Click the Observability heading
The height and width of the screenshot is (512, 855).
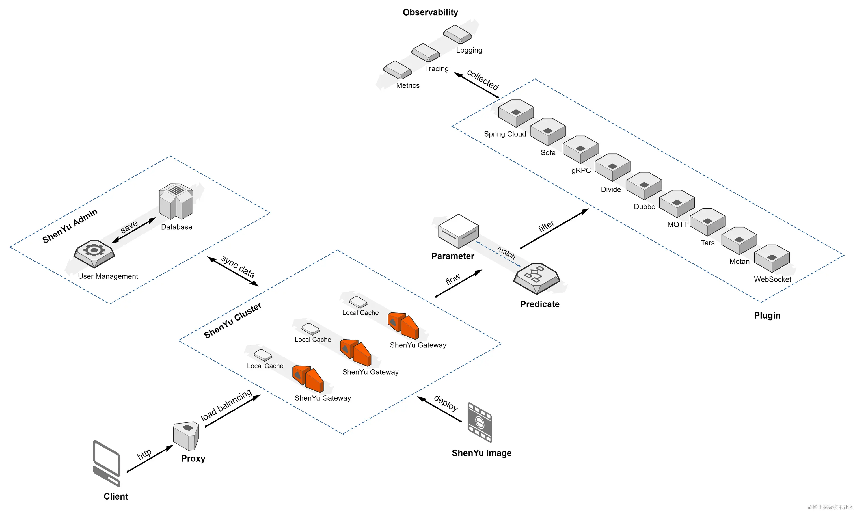430,12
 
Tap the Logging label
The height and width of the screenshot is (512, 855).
469,50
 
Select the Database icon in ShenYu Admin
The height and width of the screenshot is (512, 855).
176,202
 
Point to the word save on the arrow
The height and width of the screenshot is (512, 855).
129,227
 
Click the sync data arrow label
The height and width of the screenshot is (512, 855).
238,267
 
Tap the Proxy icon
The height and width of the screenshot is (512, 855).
186,435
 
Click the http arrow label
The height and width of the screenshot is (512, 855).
144,454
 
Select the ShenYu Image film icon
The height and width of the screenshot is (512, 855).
480,422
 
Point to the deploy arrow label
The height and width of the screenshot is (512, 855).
446,403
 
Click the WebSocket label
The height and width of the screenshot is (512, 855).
772,279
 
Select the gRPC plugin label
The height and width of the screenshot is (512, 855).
581,171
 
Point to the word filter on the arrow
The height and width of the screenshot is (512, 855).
546,226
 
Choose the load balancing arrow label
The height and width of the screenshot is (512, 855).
226,405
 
